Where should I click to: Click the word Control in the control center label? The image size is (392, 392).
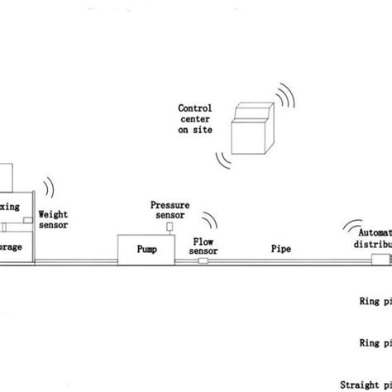[x=194, y=108]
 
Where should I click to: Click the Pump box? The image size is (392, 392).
[x=145, y=247]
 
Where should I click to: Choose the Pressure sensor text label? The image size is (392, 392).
[x=170, y=210]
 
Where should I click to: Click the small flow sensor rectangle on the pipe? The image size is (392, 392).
[x=203, y=261]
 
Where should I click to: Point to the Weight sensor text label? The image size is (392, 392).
[x=54, y=218]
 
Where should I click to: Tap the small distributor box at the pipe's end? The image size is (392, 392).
[x=380, y=261]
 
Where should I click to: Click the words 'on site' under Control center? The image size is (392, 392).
[x=194, y=131]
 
